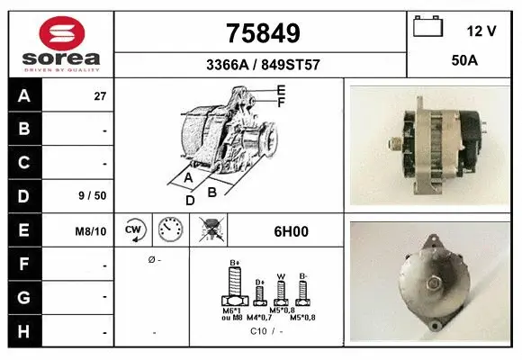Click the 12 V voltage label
481,31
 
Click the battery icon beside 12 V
427,27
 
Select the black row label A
24,95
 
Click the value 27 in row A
101,95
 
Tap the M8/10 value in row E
91,232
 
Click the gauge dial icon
170,230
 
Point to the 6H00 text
291,231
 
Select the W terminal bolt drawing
281,291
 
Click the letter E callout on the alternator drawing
281,90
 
